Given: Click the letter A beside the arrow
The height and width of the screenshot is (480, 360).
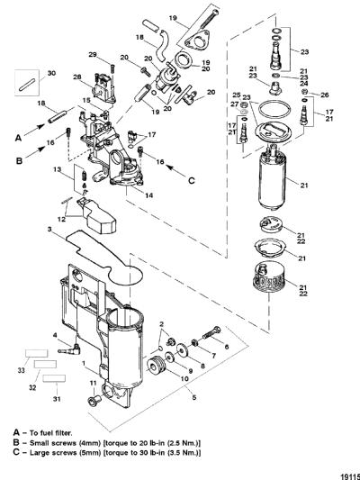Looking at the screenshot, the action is click(18, 138).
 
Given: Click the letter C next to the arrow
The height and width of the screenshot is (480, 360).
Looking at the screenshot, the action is click(192, 181).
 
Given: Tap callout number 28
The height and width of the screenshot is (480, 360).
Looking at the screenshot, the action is click(77, 77).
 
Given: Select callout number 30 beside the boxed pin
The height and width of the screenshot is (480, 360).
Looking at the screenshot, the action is click(51, 74).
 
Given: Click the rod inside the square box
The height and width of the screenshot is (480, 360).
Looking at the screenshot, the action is click(27, 85).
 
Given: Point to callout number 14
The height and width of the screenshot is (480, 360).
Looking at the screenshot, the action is click(149, 195).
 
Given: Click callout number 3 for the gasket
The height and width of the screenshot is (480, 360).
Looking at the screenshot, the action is click(49, 230).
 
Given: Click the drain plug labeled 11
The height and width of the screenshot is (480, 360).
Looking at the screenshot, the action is click(93, 400).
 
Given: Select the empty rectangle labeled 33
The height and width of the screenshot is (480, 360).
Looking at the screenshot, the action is click(36, 353).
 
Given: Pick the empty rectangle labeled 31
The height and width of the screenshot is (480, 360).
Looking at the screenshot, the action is click(54, 378).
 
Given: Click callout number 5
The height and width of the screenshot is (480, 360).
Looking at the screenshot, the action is click(193, 398).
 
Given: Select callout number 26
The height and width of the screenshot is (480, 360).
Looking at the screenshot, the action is click(325, 95).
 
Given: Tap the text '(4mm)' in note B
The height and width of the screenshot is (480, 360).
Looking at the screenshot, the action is click(90, 443).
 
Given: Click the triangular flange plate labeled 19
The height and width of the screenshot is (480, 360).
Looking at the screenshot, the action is click(198, 41).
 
